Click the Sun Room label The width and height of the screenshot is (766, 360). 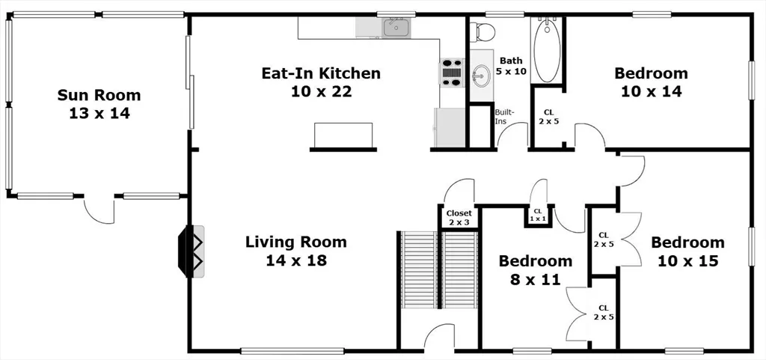pos(99,103)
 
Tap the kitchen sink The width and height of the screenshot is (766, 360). pos(396,27)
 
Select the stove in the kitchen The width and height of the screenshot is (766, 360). pos(452,73)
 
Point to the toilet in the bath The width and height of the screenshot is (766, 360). pos(482,31)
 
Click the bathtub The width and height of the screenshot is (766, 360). pos(547,50)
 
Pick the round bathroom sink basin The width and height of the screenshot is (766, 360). pos(482,76)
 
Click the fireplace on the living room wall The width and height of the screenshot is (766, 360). pos(191,251)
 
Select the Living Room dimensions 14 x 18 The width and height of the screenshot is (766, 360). pos(296,260)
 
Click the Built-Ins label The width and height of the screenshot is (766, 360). pos(503,115)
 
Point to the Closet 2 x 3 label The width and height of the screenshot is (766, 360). pos(459,217)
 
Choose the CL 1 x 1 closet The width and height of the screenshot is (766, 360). pos(538,215)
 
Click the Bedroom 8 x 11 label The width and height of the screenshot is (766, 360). pos(536,270)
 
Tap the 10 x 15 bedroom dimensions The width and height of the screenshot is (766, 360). pos(688,261)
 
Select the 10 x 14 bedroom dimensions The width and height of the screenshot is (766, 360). pos(652,91)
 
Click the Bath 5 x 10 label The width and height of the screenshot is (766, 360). pos(510,65)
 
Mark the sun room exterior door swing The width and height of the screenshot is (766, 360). pos(99,210)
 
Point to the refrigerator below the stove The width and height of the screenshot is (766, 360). pos(450,127)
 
